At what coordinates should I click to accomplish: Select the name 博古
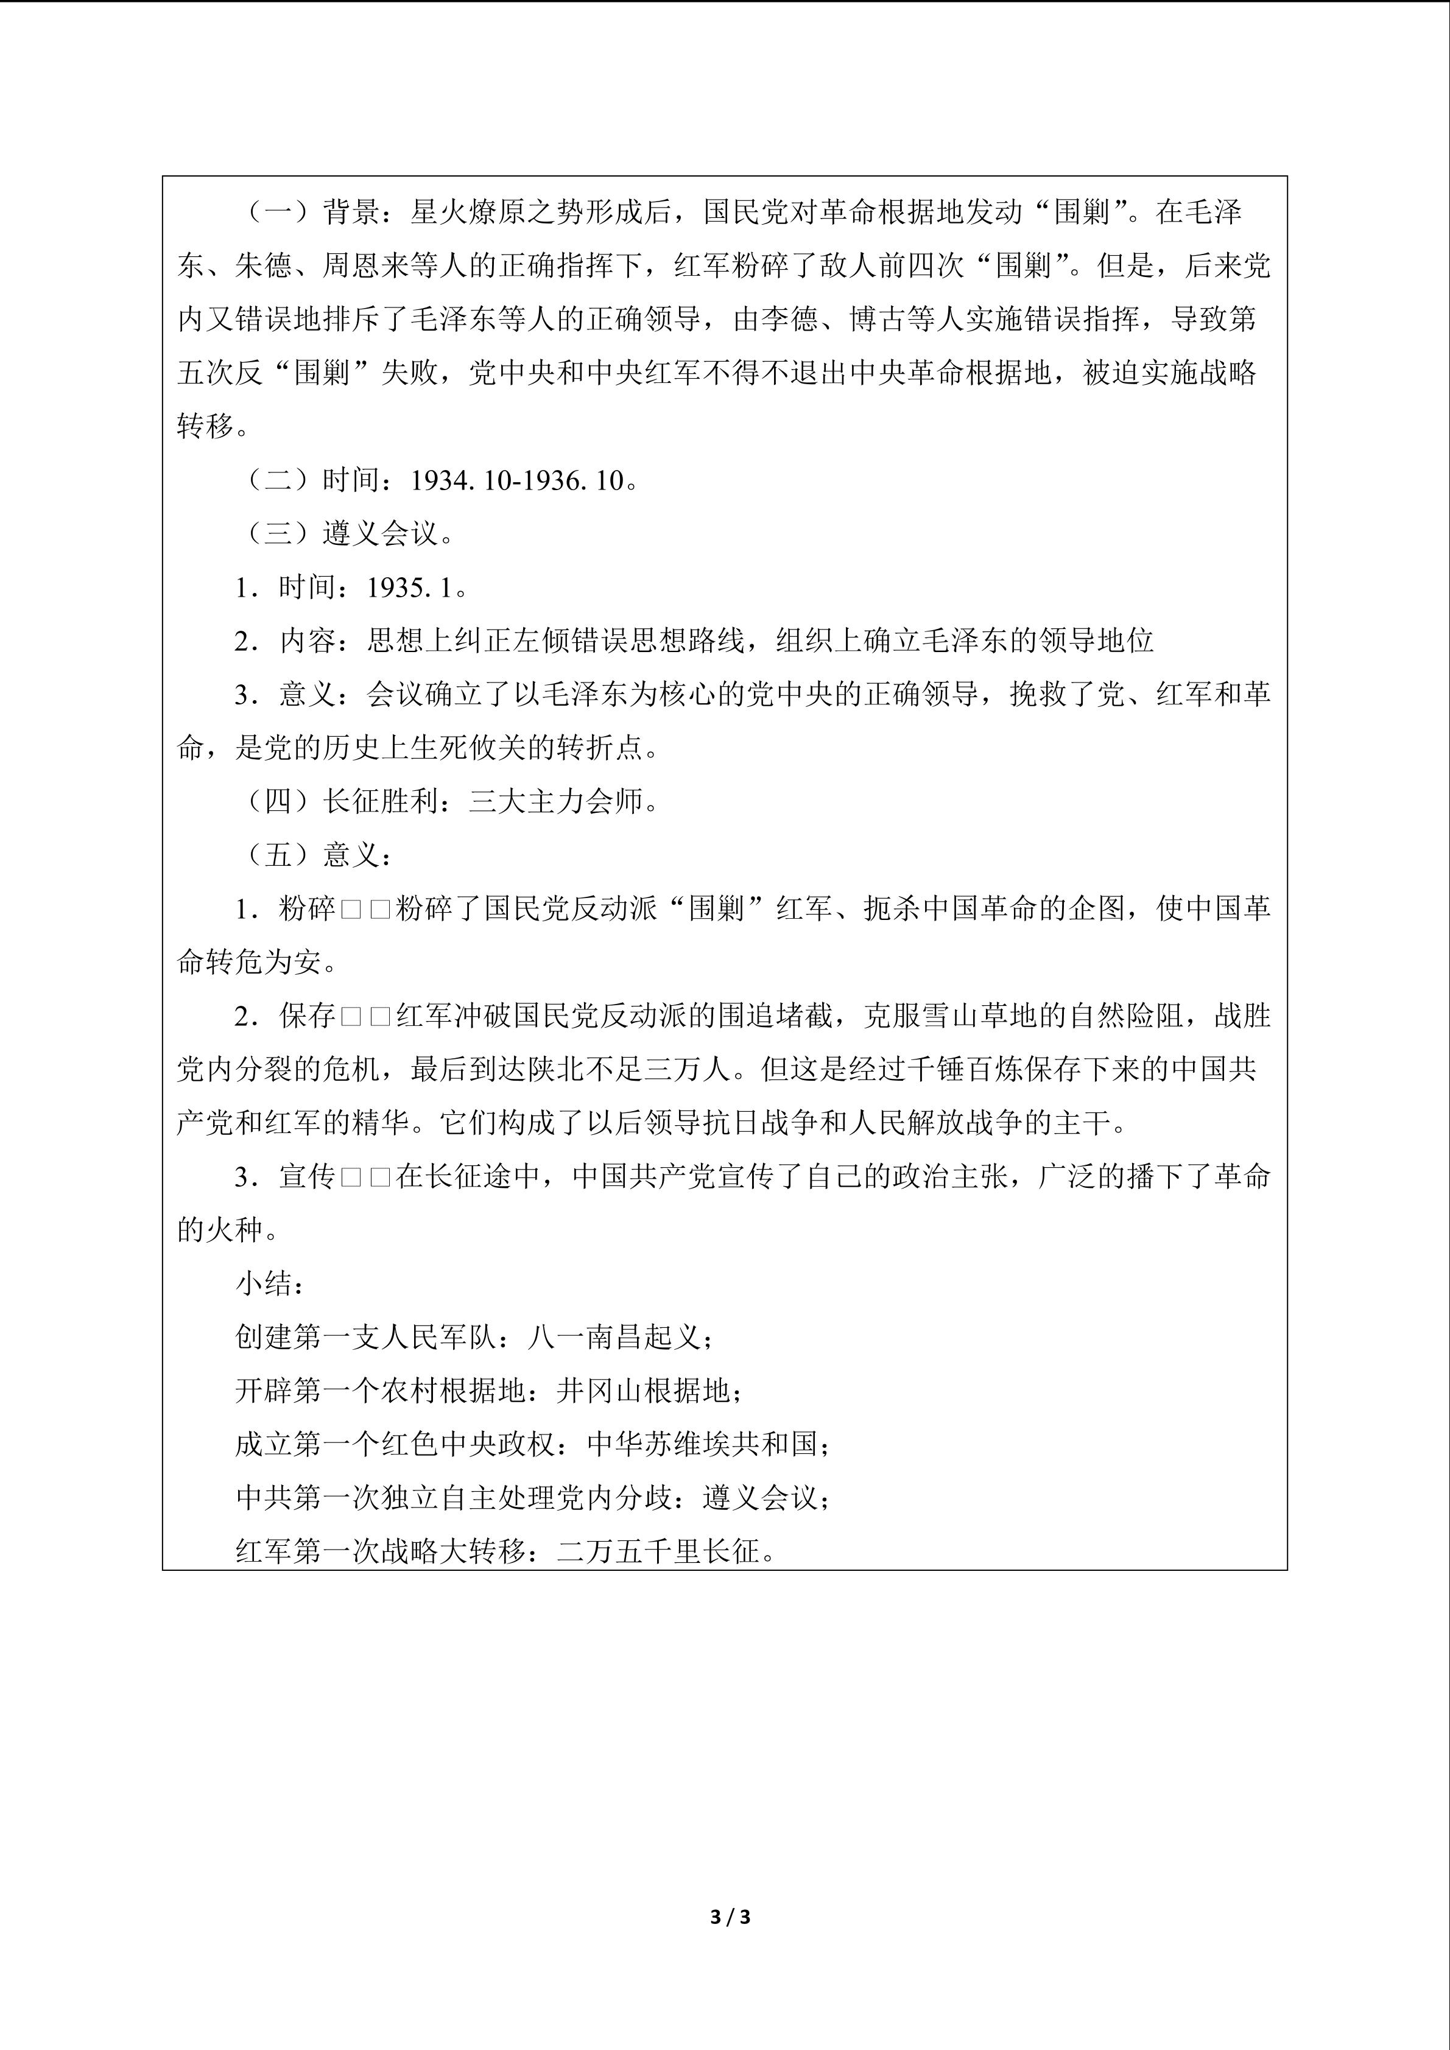point(877,320)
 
